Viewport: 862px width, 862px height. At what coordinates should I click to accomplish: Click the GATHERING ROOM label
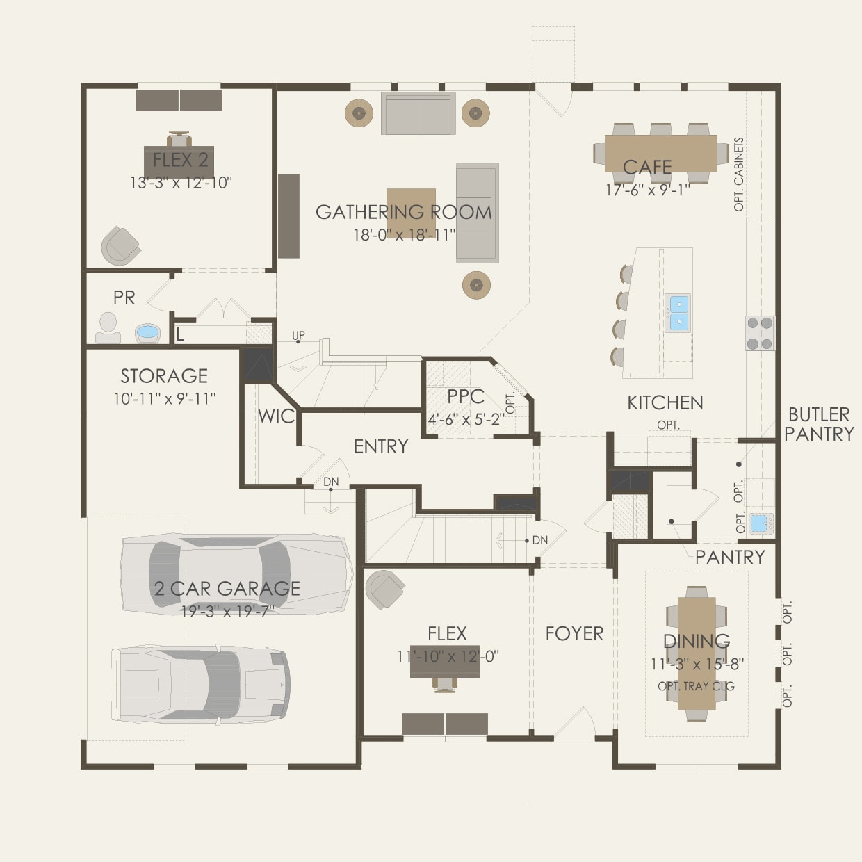tap(403, 212)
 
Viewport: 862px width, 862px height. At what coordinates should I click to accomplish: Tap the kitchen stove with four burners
tap(761, 333)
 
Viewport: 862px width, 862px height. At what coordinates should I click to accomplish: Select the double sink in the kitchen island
tap(678, 312)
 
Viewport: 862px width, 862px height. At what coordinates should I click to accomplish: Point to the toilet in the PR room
tap(108, 328)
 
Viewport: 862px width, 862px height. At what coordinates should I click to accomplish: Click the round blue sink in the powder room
tap(147, 333)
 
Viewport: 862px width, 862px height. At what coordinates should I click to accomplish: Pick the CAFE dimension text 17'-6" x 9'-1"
tap(647, 190)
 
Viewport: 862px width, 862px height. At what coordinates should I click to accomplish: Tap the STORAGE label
tap(164, 376)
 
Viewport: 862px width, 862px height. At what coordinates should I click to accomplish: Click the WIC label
tap(277, 416)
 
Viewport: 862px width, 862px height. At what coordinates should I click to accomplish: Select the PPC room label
tap(465, 397)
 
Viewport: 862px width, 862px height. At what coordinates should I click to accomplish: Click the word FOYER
tap(574, 633)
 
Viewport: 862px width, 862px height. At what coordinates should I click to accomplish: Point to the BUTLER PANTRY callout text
tap(819, 424)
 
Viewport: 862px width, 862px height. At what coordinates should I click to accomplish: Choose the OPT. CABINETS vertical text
tap(739, 174)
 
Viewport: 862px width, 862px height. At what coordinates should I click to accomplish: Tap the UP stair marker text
tap(298, 336)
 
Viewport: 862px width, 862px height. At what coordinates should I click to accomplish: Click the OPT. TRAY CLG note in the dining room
tap(696, 686)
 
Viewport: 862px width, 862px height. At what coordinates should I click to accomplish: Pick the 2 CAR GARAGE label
tap(227, 589)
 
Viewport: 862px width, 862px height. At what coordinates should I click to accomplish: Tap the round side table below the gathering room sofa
tap(477, 285)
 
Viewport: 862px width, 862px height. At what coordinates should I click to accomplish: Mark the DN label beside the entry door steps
tap(331, 482)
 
